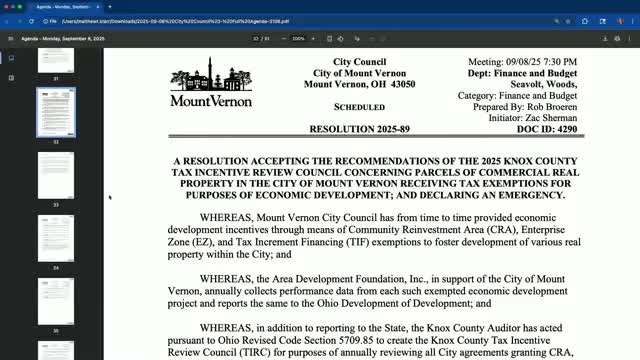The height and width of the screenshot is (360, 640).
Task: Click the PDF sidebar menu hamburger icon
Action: point(10,39)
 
